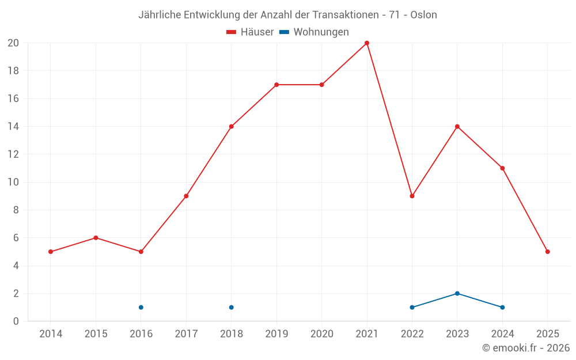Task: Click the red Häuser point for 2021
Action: tap(367, 43)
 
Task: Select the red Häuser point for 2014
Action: tap(51, 252)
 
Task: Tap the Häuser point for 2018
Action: tap(231, 127)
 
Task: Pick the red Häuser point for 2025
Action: tap(548, 252)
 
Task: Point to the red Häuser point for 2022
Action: tap(412, 196)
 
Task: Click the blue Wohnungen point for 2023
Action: tap(457, 293)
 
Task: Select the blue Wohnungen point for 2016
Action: tap(141, 307)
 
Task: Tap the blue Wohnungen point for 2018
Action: tap(231, 307)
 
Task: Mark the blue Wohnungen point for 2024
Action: tap(502, 307)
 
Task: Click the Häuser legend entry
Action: tap(250, 32)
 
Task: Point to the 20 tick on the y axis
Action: tap(13, 43)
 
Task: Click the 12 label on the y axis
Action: tap(13, 154)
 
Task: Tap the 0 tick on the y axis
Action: tap(16, 321)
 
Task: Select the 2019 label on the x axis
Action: tap(276, 334)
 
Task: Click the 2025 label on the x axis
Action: tap(548, 334)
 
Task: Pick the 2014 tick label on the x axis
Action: tap(51, 334)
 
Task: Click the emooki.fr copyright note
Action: tap(525, 348)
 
